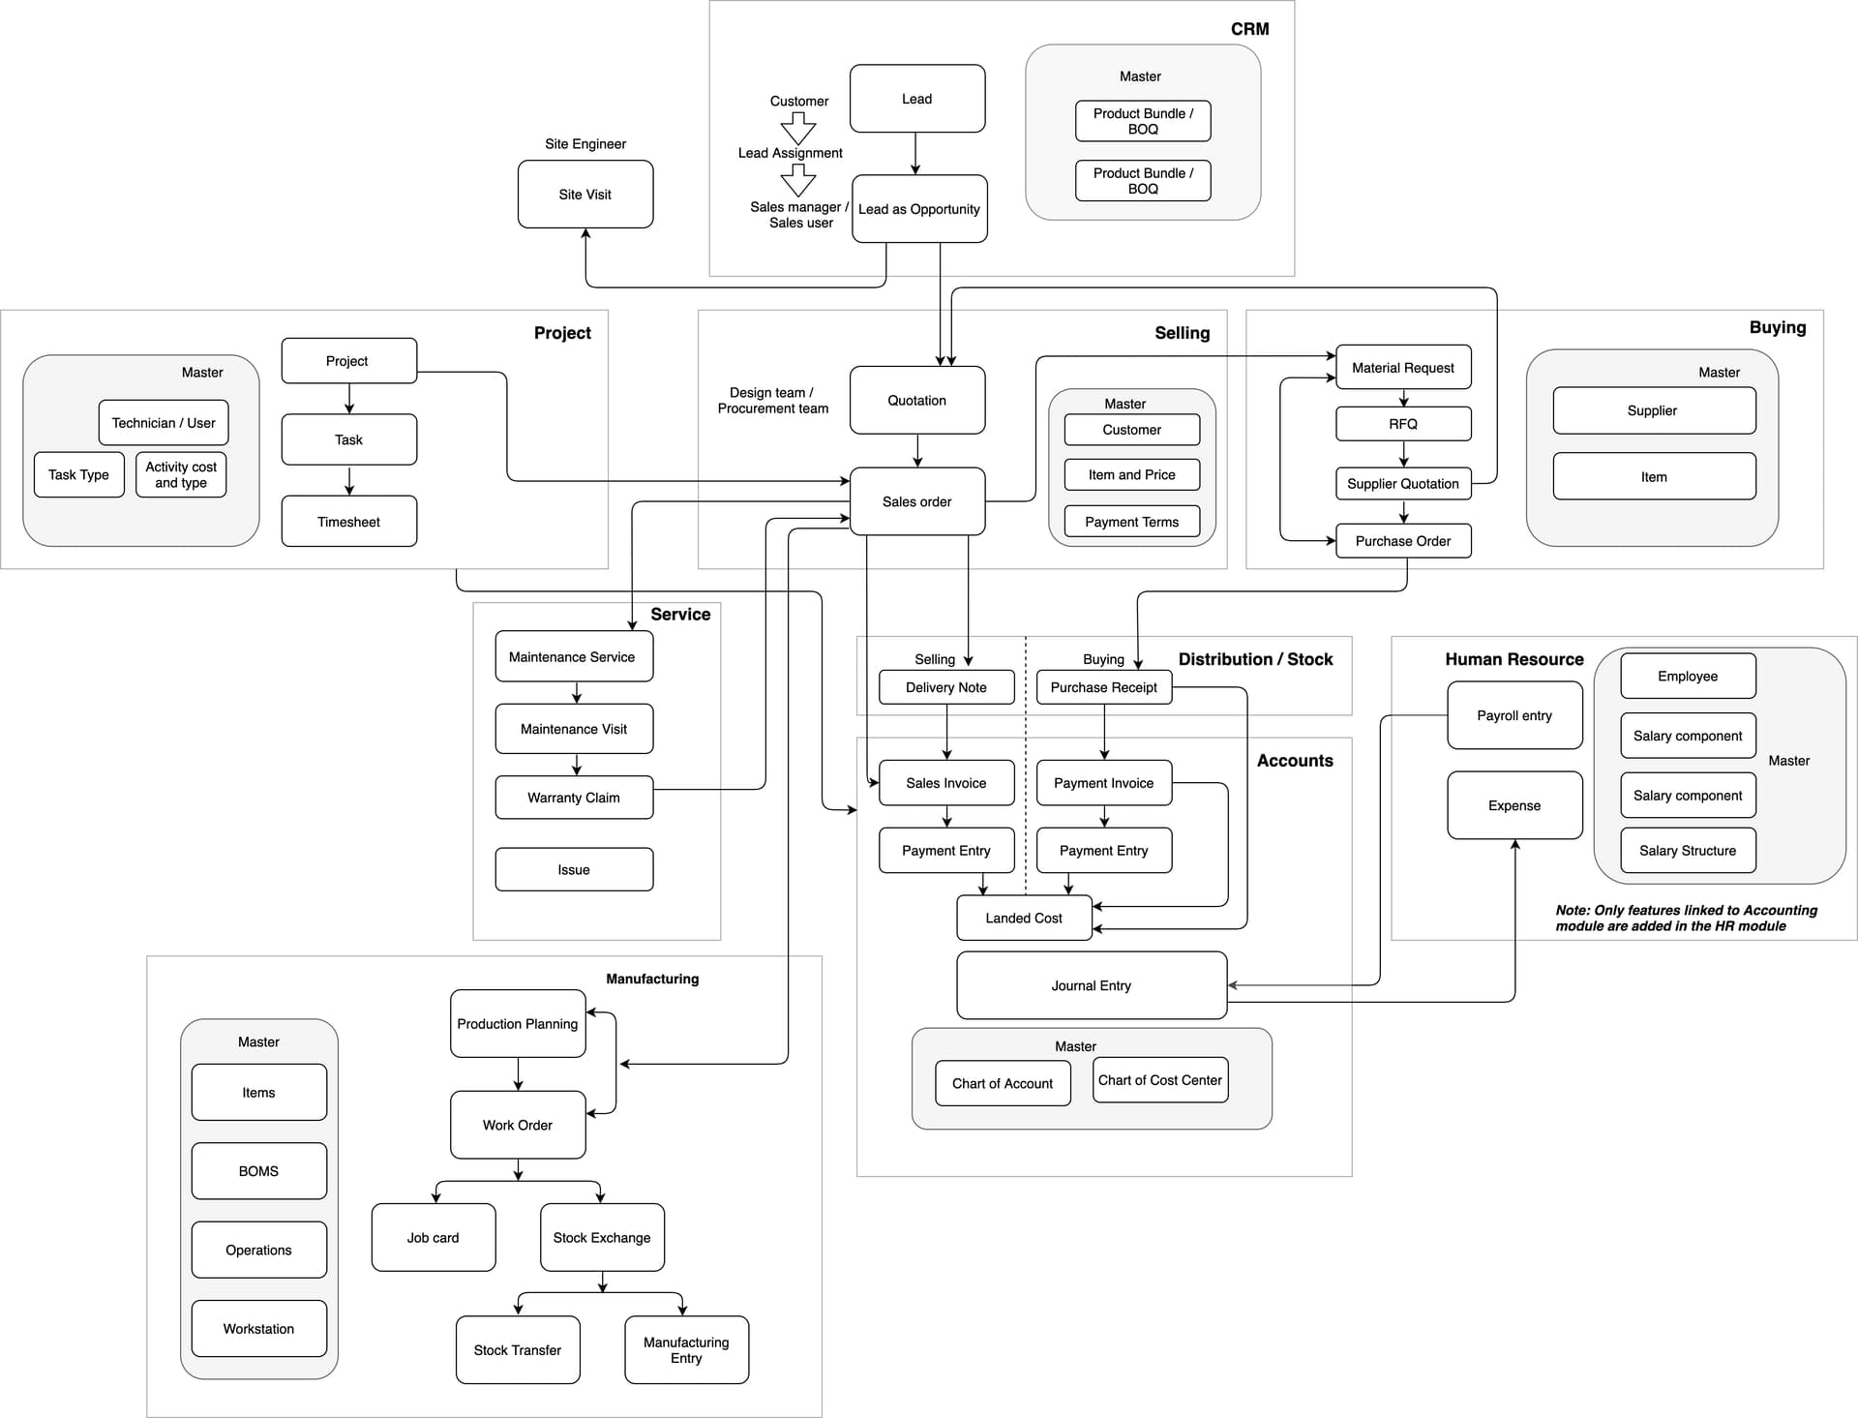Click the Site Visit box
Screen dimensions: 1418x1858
tap(584, 195)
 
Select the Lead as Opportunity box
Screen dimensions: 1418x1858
tap(918, 209)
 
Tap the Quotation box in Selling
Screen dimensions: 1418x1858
tap(916, 400)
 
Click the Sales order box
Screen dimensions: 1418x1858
tap(916, 501)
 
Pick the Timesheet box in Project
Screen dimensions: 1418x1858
tap(348, 522)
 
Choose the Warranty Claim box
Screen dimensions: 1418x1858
tap(573, 798)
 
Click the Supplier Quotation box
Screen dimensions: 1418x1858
tap(1402, 483)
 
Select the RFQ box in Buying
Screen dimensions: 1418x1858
tap(1402, 424)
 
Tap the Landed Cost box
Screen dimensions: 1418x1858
tap(1023, 918)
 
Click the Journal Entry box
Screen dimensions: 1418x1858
tap(1091, 985)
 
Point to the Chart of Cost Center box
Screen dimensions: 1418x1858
tap(1159, 1080)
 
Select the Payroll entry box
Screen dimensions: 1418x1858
tap(1513, 715)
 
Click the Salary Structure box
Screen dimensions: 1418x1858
tap(1687, 851)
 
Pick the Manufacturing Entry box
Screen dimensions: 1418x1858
tap(686, 1349)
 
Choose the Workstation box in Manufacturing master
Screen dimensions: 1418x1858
tap(258, 1329)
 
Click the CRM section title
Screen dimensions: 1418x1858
tap(1249, 29)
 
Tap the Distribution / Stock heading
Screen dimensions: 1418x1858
tap(1255, 659)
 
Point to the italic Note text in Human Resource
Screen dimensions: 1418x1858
tap(1686, 918)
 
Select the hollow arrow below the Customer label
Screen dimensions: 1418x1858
tap(798, 128)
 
